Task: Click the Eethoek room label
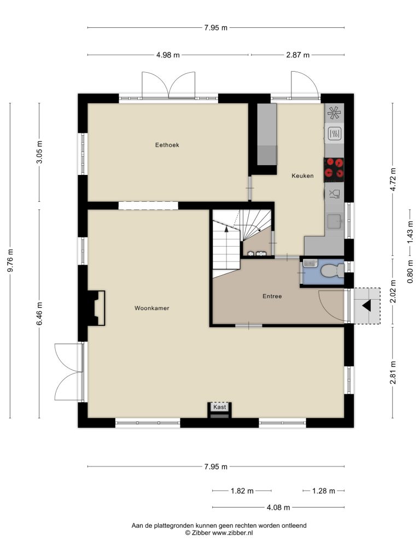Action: pos(167,145)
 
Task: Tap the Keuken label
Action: pos(302,176)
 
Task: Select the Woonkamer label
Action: pos(152,308)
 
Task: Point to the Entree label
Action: pos(272,296)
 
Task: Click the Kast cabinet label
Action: pos(220,407)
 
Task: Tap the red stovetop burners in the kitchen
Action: pos(334,168)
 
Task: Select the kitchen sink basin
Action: pos(335,221)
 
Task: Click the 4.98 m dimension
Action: pos(168,55)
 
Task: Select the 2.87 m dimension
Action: pos(298,55)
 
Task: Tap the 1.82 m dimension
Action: pos(242,491)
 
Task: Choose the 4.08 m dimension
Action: pos(278,507)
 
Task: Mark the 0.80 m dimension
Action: pos(410,271)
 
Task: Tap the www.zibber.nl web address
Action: pos(232,533)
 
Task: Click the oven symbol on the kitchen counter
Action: pos(335,134)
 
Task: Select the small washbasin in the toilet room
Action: pos(310,263)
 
